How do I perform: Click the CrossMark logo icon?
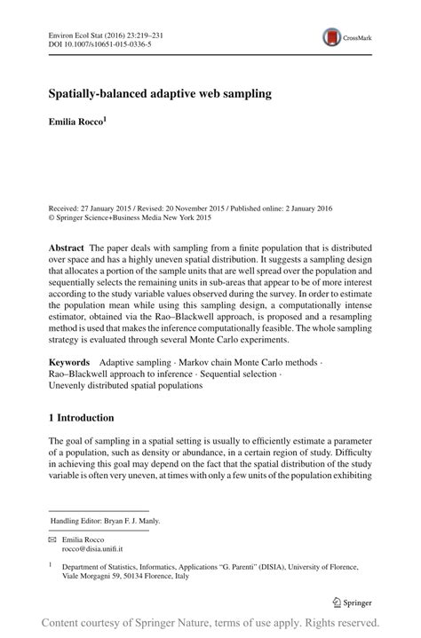pos(333,36)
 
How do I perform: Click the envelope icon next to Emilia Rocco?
pos(52,540)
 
